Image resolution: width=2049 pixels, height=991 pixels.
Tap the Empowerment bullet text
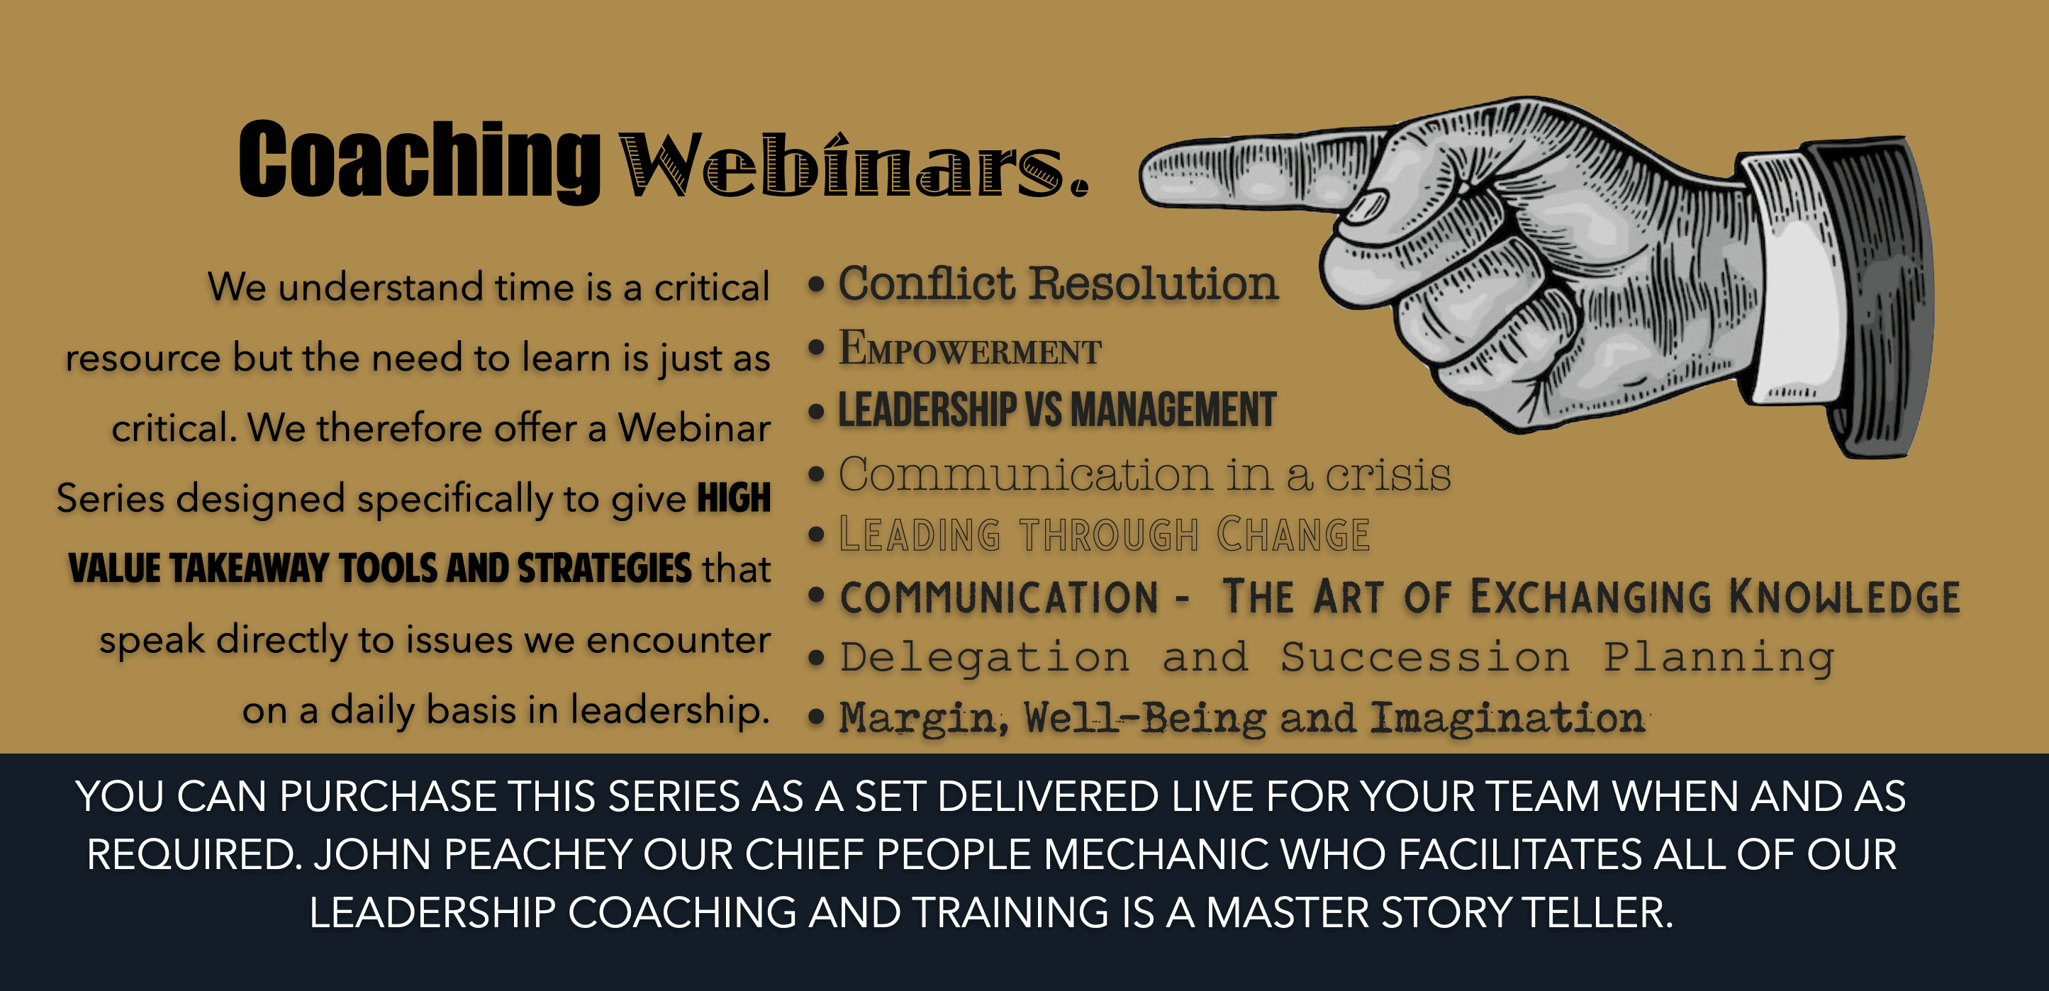pyautogui.click(x=970, y=348)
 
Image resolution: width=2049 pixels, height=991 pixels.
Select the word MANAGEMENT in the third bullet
pyautogui.click(x=1173, y=410)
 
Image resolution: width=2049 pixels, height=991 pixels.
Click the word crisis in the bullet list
pyautogui.click(x=1388, y=475)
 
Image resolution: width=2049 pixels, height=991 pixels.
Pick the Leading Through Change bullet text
pyautogui.click(x=1104, y=534)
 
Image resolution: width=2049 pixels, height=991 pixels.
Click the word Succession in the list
pyautogui.click(x=1424, y=658)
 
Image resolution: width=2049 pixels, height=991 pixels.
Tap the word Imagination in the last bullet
pyautogui.click(x=1507, y=717)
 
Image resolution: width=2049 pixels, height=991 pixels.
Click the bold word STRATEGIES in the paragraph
pyautogui.click(x=605, y=569)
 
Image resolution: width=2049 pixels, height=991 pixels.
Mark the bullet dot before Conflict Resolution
pyautogui.click(x=816, y=285)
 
